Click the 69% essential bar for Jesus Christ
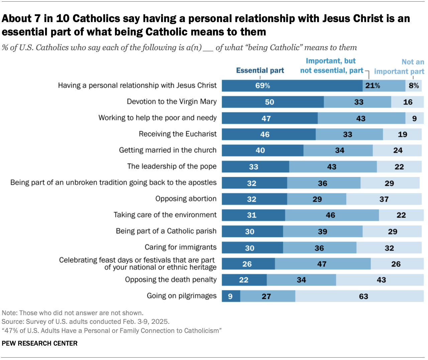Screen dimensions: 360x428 tap(292, 86)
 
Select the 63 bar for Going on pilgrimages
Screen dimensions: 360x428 tap(359, 296)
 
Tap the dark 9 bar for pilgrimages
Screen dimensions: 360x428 tap(231, 296)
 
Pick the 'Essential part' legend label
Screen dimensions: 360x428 tap(260, 71)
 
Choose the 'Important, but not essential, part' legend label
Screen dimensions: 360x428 tap(331, 66)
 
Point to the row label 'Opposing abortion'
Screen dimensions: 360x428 tap(186, 199)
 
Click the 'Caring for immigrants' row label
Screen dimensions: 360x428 tap(181, 247)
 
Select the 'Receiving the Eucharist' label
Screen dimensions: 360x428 tap(178, 134)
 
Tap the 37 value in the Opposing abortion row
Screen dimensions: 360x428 tap(384, 199)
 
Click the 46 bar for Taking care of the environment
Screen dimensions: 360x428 tap(332, 215)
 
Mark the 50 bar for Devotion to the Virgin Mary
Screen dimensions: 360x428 tap(273, 102)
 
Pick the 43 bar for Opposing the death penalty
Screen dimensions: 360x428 tap(380, 280)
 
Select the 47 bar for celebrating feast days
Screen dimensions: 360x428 tap(323, 264)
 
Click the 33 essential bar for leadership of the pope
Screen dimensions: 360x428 tap(255, 167)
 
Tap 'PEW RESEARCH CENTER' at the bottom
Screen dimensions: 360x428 tap(39, 343)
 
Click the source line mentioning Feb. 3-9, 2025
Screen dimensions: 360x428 tap(86, 322)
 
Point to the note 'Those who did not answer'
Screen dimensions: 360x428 tap(73, 313)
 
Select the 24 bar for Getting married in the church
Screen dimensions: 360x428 tap(397, 151)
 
